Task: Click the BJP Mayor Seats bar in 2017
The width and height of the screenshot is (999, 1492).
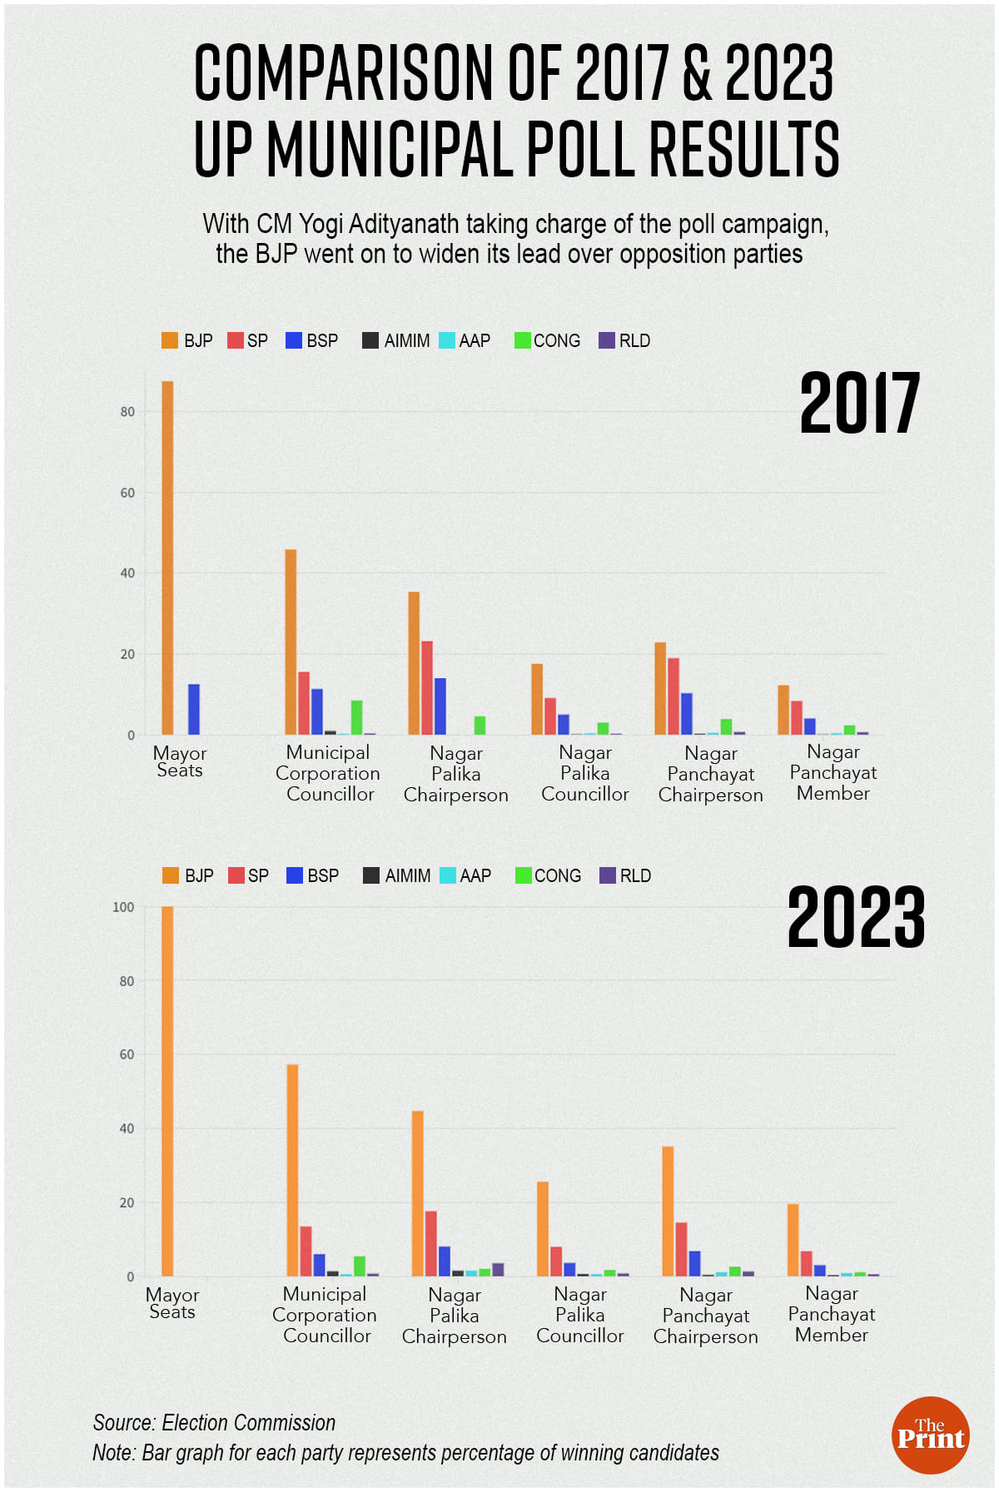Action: (167, 558)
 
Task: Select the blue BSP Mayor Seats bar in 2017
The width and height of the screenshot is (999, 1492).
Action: (194, 710)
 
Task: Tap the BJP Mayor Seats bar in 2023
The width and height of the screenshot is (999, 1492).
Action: (167, 1091)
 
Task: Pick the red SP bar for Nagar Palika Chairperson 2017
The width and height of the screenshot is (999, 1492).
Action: (427, 688)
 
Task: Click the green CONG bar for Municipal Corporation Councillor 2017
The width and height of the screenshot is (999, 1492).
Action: (356, 718)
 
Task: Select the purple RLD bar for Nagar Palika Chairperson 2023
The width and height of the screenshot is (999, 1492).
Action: (498, 1270)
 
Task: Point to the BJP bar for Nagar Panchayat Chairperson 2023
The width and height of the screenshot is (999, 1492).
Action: (668, 1212)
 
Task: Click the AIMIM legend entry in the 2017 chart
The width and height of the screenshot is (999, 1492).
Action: (396, 341)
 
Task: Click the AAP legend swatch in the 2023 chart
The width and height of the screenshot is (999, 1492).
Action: (448, 876)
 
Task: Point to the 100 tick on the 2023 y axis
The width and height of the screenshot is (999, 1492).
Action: (123, 907)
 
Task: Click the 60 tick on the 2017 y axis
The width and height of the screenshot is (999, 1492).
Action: (127, 493)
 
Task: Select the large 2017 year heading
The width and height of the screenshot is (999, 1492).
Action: (859, 404)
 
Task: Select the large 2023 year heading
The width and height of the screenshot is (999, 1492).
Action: (856, 918)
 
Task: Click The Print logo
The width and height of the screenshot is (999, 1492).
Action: (930, 1435)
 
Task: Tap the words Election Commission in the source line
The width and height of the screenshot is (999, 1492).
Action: (248, 1423)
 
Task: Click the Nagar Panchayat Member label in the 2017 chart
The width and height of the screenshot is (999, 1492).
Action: (832, 773)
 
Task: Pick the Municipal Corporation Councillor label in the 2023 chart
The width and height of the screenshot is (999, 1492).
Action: (325, 1315)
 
